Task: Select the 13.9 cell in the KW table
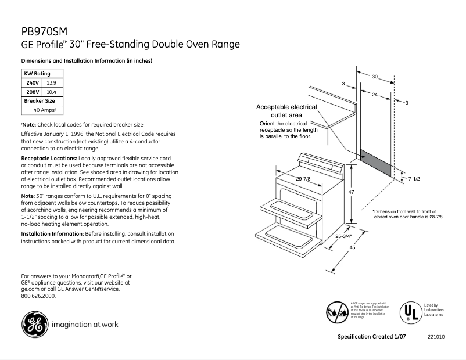coord(51,83)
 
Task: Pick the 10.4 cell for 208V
coord(51,92)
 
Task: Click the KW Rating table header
coord(37,74)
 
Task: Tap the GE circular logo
coord(35,324)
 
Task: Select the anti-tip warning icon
coord(336,312)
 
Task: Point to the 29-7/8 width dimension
coord(303,179)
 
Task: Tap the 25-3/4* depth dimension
coord(343,237)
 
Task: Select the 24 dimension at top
coord(375,94)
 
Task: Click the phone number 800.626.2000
coord(38,296)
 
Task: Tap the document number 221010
coord(435,337)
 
